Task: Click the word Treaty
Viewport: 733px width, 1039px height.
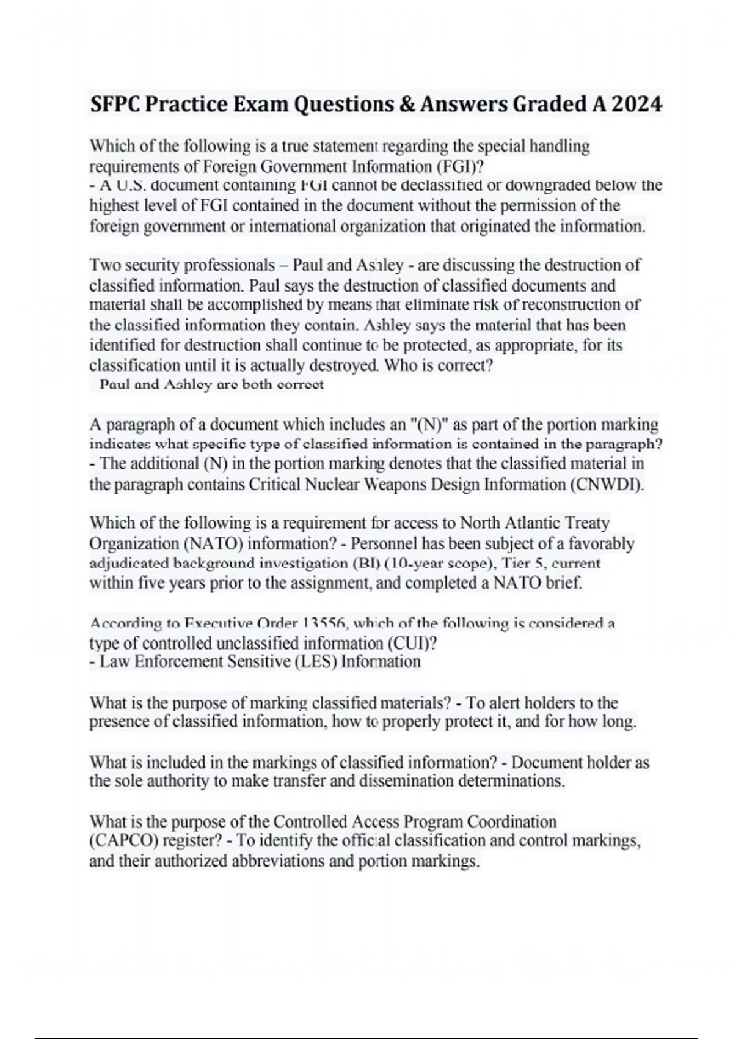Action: click(x=588, y=523)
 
